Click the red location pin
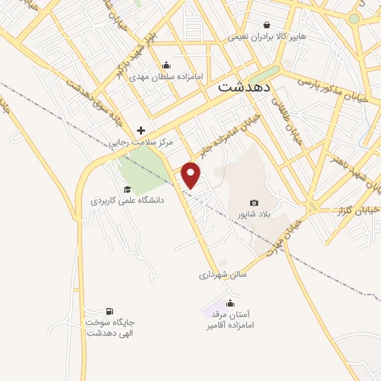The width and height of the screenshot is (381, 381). pyautogui.click(x=192, y=175)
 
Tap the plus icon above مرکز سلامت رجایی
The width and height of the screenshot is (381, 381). pyautogui.click(x=141, y=130)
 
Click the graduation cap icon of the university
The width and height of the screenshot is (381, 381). pyautogui.click(x=127, y=189)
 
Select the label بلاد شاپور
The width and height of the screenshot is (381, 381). pyautogui.click(x=252, y=214)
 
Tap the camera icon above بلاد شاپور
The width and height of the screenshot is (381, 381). pyautogui.click(x=254, y=202)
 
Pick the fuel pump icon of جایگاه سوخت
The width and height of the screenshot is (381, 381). pyautogui.click(x=109, y=311)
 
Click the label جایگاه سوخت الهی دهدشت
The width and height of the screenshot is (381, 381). pyautogui.click(x=111, y=327)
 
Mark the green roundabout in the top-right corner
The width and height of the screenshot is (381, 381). pyautogui.click(x=354, y=18)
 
